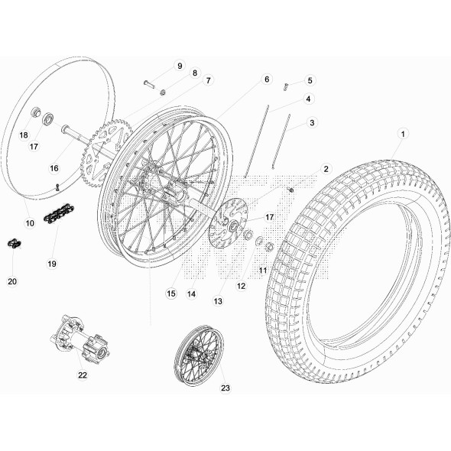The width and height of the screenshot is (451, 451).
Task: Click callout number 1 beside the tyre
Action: [402, 133]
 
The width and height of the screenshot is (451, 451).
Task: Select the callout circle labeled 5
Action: [310, 80]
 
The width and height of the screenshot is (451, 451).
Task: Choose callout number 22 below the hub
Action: [83, 375]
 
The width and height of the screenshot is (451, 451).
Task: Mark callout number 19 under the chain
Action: [52, 264]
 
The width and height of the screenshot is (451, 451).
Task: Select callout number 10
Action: [30, 223]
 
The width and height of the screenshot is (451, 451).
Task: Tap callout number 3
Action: [312, 122]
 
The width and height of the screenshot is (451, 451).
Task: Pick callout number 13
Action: [218, 301]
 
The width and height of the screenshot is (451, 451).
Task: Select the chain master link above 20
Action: [15, 244]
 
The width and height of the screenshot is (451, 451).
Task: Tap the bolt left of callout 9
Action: [148, 83]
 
